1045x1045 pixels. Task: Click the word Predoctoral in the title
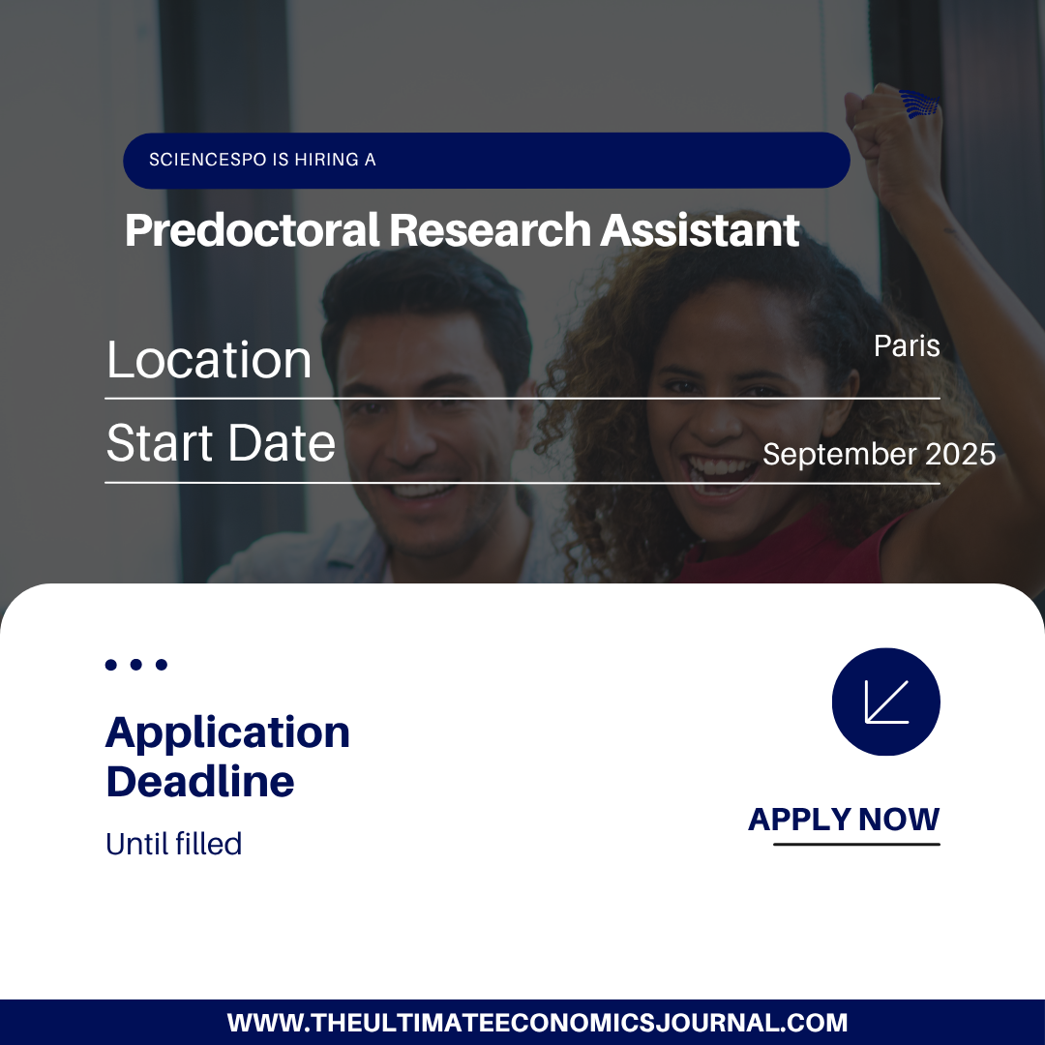pos(252,230)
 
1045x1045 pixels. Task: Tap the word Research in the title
pos(490,230)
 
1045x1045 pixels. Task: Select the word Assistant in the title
pos(700,230)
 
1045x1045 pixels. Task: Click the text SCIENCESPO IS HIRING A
pos(262,160)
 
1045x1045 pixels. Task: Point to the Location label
pos(209,360)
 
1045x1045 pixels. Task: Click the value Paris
pos(907,345)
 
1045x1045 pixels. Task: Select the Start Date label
pos(221,442)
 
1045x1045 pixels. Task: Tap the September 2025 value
pos(879,455)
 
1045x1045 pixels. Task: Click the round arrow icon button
pos(885,702)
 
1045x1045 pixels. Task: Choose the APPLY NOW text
pos(844,820)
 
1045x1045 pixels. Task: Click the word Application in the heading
pos(227,733)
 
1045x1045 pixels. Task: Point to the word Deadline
pos(200,781)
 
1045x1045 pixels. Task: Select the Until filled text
pos(173,844)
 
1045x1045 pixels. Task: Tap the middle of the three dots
pos(136,665)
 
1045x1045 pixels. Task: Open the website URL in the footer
pos(537,1023)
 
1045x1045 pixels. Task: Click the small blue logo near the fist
pos(920,104)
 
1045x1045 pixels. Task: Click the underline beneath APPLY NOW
pos(856,845)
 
